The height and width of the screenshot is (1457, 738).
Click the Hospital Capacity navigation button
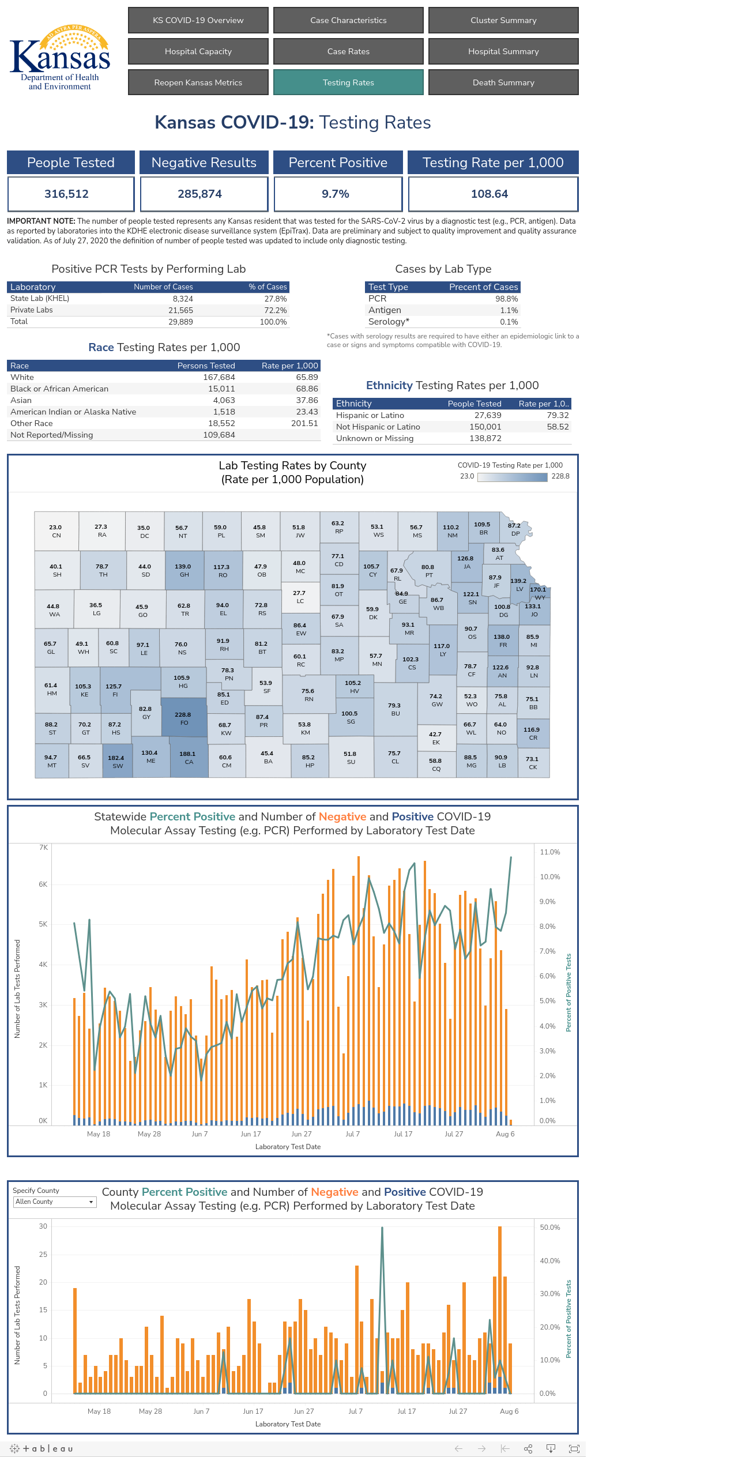point(198,51)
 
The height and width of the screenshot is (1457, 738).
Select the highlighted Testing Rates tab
point(348,82)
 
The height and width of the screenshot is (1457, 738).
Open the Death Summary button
point(503,82)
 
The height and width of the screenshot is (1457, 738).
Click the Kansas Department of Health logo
point(60,58)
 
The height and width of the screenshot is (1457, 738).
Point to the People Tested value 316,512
point(67,194)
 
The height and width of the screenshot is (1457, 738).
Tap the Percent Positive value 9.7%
point(336,194)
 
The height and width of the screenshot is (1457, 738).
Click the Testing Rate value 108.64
point(490,194)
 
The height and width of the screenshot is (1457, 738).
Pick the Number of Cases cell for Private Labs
point(180,310)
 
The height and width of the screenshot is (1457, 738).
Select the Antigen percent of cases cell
point(509,310)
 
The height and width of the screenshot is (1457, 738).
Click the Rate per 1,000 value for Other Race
point(304,423)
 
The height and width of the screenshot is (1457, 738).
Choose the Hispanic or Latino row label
point(370,415)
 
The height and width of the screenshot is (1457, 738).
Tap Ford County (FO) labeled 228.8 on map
point(183,718)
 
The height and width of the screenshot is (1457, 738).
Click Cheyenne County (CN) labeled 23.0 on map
point(56,531)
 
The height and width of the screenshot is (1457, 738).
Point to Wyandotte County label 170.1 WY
point(539,593)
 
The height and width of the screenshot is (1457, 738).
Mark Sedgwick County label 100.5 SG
point(350,717)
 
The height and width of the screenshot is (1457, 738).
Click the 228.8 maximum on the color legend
point(560,476)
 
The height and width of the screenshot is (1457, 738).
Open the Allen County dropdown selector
point(55,1202)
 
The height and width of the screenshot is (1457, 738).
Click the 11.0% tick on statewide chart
point(550,852)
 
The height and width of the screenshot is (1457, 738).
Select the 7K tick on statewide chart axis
point(43,848)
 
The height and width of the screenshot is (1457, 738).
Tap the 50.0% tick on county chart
point(550,1228)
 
